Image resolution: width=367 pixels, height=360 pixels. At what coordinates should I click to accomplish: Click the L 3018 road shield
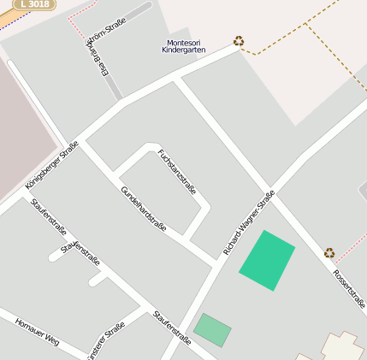33,4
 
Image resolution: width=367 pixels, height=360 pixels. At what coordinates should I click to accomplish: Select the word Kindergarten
184,50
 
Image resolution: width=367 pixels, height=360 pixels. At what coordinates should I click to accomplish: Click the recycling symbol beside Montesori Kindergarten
239,40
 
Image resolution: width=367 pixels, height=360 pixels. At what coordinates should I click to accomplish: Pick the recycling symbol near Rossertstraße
329,252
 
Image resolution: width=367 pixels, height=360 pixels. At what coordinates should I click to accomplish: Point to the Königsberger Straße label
52,164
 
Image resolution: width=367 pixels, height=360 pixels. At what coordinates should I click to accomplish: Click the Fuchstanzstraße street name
177,171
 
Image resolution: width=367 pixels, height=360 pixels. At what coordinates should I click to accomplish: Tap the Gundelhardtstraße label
143,210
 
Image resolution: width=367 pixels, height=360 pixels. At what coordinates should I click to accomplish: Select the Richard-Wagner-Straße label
249,222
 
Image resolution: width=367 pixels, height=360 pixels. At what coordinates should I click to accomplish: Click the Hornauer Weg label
37,329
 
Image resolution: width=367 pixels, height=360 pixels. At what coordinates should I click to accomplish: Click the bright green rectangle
267,260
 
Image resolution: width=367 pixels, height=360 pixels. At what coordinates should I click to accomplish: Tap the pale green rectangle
212,330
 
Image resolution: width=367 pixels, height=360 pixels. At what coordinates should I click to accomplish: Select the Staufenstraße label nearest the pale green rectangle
171,328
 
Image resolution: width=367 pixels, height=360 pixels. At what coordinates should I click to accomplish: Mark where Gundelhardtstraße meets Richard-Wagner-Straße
213,260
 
